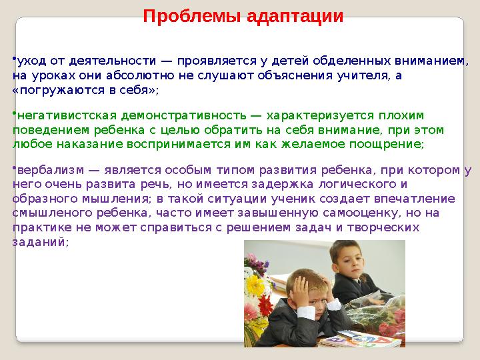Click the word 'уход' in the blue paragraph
click(29, 61)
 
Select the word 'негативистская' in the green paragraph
click(59, 116)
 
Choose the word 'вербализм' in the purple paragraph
click(45, 171)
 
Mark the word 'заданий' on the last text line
click(39, 242)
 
